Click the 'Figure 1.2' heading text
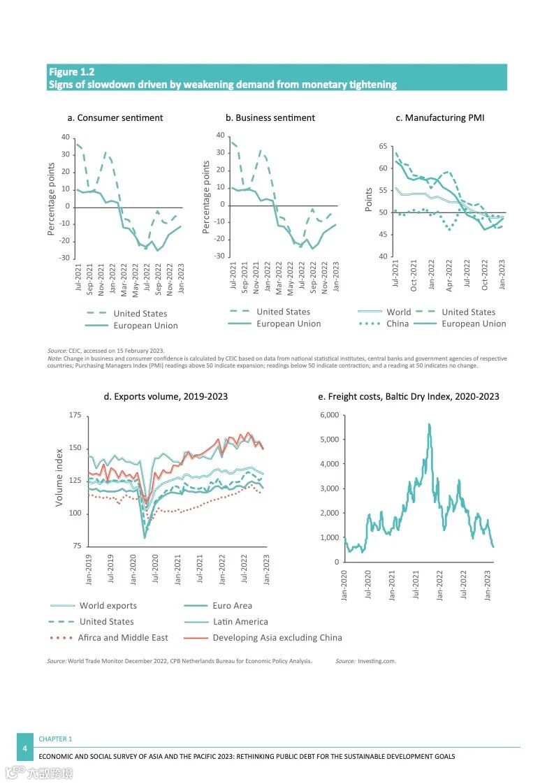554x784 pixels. click(71, 71)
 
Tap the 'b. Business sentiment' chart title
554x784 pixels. click(270, 117)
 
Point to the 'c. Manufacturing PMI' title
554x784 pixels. click(439, 117)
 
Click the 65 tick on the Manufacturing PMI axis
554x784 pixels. click(382, 146)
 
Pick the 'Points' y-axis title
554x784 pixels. click(369, 200)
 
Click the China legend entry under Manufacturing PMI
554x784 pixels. click(398, 324)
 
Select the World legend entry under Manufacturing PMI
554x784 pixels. click(398, 312)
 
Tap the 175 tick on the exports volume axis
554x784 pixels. click(75, 416)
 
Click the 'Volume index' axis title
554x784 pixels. click(59, 477)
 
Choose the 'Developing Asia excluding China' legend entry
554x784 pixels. click(277, 637)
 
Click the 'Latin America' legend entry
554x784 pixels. click(240, 621)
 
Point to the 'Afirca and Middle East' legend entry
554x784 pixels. click(124, 637)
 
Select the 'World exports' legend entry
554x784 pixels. click(108, 605)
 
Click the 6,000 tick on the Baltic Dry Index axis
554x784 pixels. click(329, 415)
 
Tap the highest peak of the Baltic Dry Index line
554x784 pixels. click(430, 424)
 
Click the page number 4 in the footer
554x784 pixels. click(25, 748)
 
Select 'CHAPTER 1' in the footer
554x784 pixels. click(55, 739)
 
